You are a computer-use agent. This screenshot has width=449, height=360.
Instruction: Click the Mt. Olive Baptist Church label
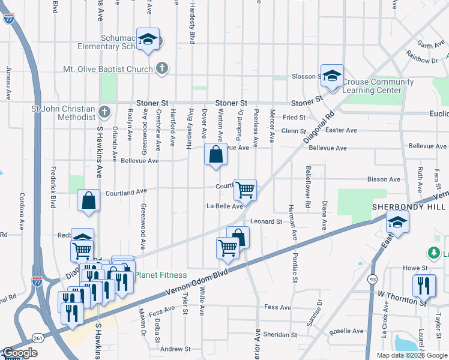[x=108, y=69]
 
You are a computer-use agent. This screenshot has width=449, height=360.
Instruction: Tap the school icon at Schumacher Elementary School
[x=147, y=40]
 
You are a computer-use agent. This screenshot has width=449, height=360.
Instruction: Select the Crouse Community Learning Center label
[x=378, y=86]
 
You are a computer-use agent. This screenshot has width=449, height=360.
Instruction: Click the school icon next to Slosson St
[x=331, y=76]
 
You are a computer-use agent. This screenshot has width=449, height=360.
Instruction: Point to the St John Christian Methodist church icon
[x=104, y=112]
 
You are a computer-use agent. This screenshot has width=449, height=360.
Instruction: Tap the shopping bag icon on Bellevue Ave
[x=215, y=155]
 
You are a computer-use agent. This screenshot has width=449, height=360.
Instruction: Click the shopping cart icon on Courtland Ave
[x=245, y=190]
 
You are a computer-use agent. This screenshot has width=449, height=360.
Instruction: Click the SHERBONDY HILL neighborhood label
[x=408, y=206]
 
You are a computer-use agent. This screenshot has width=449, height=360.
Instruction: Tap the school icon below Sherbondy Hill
[x=397, y=223]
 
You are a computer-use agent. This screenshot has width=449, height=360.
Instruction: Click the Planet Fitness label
[x=160, y=275]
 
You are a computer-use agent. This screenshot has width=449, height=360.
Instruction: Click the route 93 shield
[x=373, y=279]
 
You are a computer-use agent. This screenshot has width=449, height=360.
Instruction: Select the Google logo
[x=20, y=353]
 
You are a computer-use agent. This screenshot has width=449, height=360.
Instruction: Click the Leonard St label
[x=266, y=221]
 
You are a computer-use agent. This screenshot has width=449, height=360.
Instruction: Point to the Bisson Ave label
[x=384, y=179]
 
